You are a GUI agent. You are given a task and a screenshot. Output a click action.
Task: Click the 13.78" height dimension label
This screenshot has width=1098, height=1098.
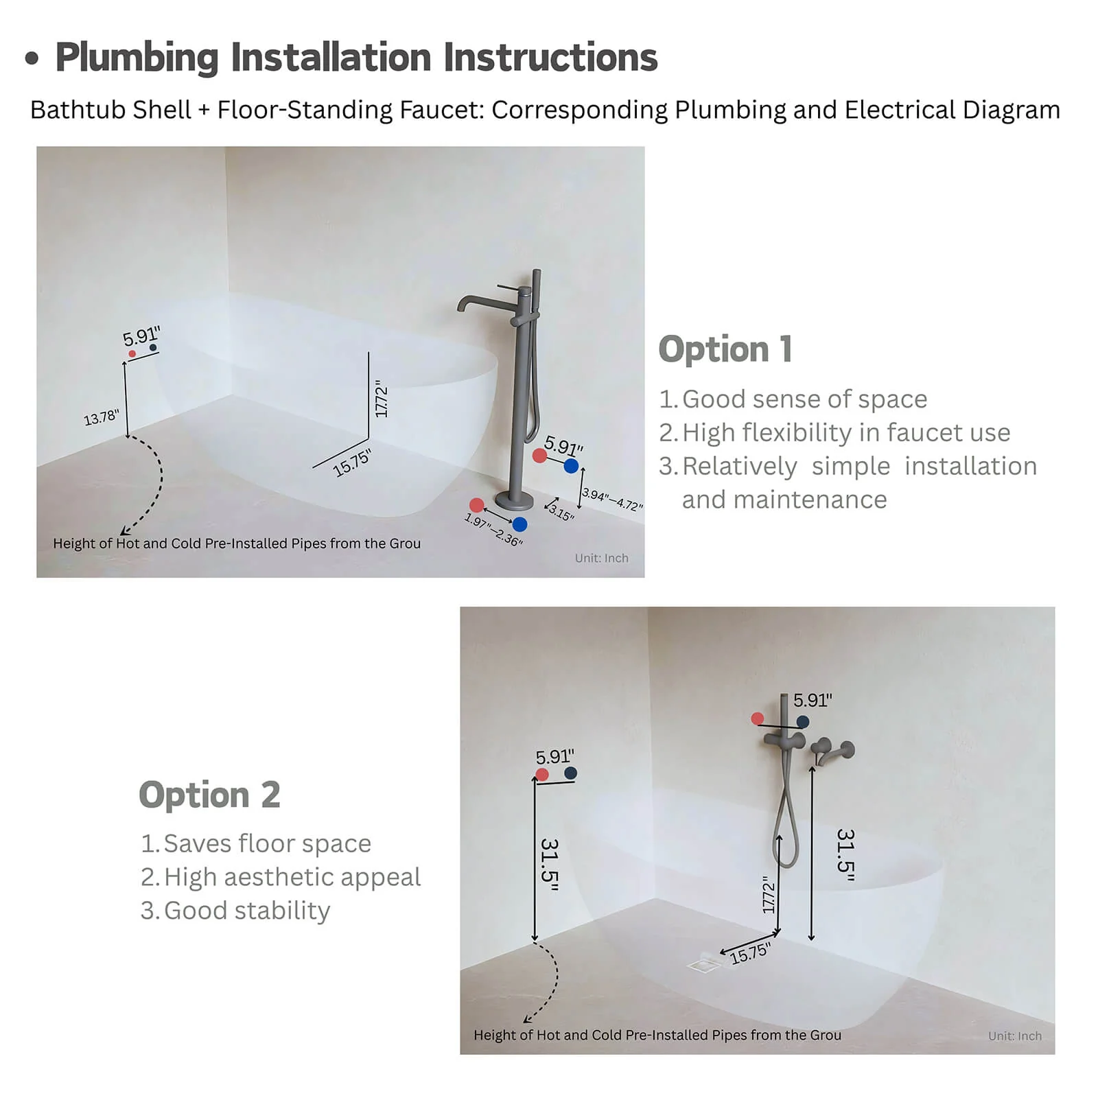[102, 417]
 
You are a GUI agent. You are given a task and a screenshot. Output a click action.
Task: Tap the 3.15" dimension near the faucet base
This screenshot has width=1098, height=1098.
[561, 513]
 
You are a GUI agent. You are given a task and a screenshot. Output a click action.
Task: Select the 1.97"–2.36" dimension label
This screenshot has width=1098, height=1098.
[493, 530]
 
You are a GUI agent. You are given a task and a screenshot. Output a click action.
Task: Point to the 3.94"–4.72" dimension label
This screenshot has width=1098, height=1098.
[612, 500]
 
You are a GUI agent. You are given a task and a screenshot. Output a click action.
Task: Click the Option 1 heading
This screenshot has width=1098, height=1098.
[725, 349]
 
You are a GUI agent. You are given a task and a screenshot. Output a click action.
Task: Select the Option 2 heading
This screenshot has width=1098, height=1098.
[209, 795]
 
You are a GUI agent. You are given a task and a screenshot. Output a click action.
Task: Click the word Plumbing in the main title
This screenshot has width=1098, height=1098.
[137, 57]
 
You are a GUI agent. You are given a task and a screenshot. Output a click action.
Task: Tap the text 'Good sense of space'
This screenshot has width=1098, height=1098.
[804, 399]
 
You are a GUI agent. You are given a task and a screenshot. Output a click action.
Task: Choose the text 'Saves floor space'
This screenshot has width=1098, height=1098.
[267, 843]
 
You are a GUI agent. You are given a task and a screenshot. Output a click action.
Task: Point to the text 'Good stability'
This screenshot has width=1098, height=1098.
[247, 911]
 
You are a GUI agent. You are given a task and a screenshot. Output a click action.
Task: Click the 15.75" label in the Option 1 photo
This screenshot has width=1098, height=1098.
[352, 463]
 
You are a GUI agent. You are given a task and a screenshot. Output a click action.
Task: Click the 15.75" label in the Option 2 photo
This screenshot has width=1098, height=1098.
[750, 953]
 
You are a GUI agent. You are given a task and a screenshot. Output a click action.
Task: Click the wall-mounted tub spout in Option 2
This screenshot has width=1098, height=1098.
[832, 750]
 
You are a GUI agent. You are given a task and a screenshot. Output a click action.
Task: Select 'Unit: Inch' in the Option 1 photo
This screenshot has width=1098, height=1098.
[602, 558]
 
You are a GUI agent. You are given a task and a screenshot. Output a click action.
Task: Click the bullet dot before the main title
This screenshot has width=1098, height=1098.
[32, 58]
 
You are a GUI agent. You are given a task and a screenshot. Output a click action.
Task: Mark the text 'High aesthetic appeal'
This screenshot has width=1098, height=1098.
[292, 877]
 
